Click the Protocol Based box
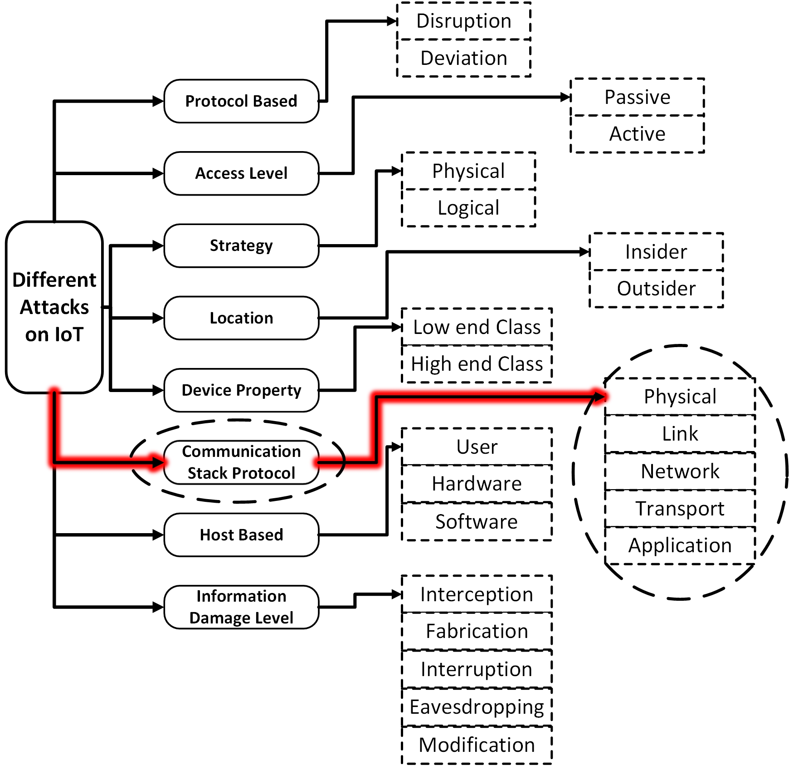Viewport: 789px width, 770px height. [x=241, y=101]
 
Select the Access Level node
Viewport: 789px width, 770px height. [x=241, y=173]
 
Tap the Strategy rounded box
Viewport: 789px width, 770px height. [x=241, y=245]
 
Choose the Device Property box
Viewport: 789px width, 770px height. [x=241, y=390]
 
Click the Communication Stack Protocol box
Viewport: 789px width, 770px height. [x=241, y=462]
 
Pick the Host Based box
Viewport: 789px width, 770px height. [x=241, y=535]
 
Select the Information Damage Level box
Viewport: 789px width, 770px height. [x=241, y=607]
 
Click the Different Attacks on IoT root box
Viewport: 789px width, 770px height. [x=54, y=307]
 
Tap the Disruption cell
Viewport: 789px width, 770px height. [x=464, y=21]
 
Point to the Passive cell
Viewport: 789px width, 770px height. [x=637, y=97]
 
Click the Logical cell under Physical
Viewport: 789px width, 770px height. [x=468, y=208]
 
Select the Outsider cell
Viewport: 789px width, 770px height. [x=656, y=289]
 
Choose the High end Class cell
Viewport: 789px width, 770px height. [x=477, y=364]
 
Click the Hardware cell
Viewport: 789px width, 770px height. [x=477, y=484]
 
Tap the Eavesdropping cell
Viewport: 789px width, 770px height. [x=477, y=707]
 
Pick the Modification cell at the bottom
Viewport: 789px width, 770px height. [x=477, y=745]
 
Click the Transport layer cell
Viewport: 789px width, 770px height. [x=680, y=509]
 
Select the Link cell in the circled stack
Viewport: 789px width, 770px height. [x=680, y=434]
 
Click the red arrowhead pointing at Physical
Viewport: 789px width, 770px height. [x=599, y=397]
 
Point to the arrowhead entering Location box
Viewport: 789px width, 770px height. [x=158, y=318]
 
